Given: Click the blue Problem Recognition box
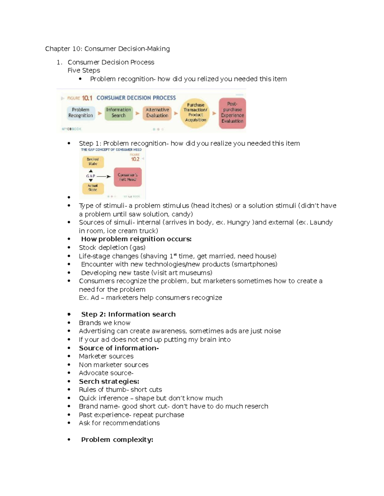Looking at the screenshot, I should click(81, 113).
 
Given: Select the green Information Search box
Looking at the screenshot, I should click(118, 113).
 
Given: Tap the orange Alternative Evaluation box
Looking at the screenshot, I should click(157, 113).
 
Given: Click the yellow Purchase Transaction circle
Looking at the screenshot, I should click(195, 112).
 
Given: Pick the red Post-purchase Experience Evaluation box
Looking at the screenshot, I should click(232, 113).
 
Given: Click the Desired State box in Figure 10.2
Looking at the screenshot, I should click(93, 162).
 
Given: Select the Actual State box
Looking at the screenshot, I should click(93, 188).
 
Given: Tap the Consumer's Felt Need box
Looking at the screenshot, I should click(128, 177).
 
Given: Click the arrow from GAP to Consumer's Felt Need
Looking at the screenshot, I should click(103, 176).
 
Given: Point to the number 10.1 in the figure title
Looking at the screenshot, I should click(87, 98).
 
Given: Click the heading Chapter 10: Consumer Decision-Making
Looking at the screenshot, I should click(107, 49).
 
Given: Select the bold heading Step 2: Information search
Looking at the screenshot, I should click(128, 314).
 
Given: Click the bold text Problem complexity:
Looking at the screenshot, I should click(117, 440).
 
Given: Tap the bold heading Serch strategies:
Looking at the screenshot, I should click(109, 381).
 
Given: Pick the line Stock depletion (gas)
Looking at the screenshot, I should click(112, 248).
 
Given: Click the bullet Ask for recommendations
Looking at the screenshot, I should click(119, 423).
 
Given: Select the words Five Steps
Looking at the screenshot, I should click(84, 71).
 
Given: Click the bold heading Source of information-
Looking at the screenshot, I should click(119, 348).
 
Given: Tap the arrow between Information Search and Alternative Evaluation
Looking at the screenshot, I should click(138, 113).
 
